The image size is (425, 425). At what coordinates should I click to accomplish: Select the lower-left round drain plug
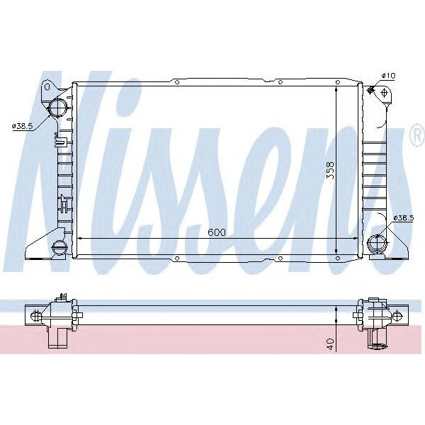59,247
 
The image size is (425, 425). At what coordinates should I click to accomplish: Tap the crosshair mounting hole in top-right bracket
383,92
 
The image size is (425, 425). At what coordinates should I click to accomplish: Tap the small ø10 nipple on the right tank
370,89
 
